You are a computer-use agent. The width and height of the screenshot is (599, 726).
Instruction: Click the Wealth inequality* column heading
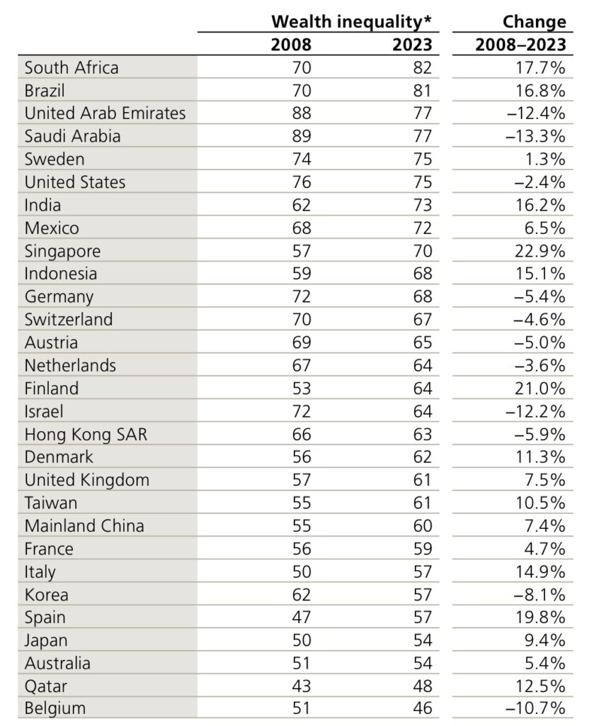click(351, 21)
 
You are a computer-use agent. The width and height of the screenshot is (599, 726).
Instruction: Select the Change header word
click(535, 21)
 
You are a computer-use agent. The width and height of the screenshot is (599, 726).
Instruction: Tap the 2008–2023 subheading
click(521, 45)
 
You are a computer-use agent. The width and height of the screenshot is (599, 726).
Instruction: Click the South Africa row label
click(72, 67)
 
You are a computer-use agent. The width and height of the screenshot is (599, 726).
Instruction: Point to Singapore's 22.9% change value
click(540, 251)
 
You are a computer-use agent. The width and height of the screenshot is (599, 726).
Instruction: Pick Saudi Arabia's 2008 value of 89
click(302, 136)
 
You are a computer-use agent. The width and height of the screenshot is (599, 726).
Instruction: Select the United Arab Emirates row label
click(105, 113)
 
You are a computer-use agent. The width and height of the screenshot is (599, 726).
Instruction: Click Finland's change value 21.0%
click(540, 388)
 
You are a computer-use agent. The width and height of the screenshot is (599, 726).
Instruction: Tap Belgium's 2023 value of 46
click(423, 708)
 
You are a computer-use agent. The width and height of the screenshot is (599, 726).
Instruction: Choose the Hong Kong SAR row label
click(86, 435)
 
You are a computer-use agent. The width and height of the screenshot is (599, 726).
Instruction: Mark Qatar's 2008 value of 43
click(302, 686)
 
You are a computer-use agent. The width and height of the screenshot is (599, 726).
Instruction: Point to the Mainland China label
click(84, 525)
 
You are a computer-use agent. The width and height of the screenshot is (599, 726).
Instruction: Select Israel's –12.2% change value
click(536, 411)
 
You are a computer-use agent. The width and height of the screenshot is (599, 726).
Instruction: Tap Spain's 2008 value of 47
click(302, 618)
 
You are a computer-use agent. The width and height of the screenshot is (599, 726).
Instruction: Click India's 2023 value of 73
click(423, 205)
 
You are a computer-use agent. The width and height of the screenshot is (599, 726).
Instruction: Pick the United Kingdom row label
click(87, 480)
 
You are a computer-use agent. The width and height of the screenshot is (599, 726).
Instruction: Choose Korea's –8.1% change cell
click(540, 595)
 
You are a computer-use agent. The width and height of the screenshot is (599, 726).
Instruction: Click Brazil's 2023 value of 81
click(423, 90)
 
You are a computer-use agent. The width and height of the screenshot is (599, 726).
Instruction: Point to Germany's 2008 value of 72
click(302, 296)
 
